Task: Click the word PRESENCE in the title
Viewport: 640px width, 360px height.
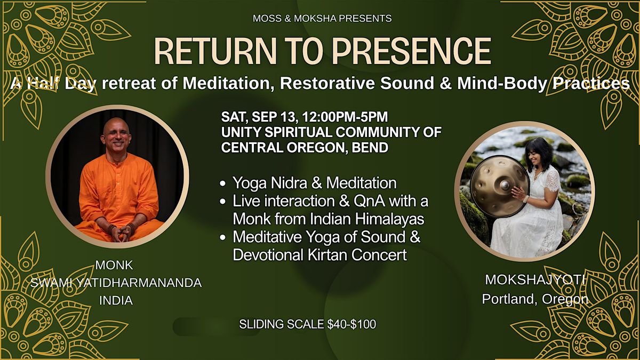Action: [411, 51]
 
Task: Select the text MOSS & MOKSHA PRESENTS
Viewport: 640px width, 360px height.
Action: [322, 19]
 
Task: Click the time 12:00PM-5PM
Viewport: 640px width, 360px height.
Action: [345, 117]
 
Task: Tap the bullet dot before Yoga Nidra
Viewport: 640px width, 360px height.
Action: [223, 183]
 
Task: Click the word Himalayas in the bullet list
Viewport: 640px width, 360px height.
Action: [389, 219]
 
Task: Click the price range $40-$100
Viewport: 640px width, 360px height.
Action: [351, 324]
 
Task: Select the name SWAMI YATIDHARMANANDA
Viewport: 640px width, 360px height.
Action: [116, 283]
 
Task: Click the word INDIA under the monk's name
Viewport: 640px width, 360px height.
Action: [116, 301]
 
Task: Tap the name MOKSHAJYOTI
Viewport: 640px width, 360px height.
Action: [535, 279]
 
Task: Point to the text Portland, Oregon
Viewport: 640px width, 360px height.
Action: [535, 299]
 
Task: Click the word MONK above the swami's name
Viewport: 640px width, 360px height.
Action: [114, 265]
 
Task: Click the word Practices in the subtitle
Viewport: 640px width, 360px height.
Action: [591, 83]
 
